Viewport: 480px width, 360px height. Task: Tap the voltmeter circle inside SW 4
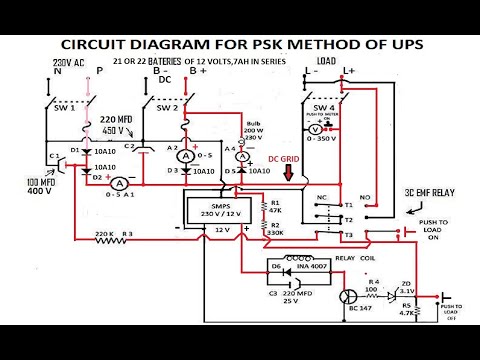point(313,130)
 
